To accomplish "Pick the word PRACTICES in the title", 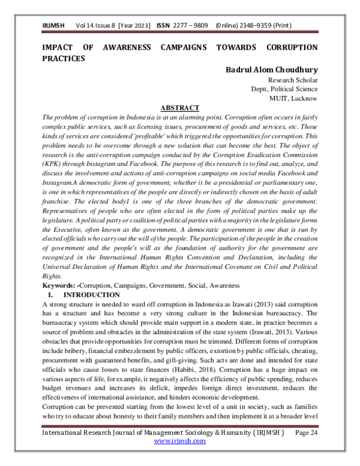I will point(63,58).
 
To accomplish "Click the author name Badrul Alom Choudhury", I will point(272,70).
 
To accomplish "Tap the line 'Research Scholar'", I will point(293,80).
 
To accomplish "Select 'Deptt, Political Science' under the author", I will point(284,89).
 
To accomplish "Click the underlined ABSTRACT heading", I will point(180,107).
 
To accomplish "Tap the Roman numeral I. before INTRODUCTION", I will point(51,295).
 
